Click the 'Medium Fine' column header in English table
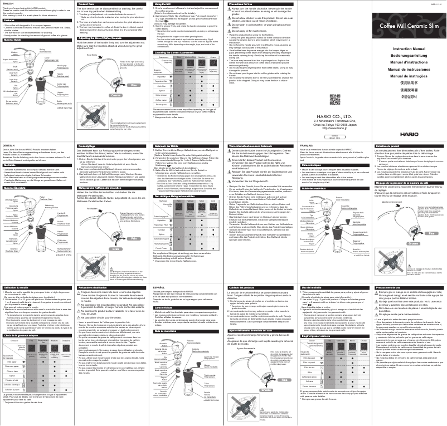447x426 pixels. click(x=190, y=57)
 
